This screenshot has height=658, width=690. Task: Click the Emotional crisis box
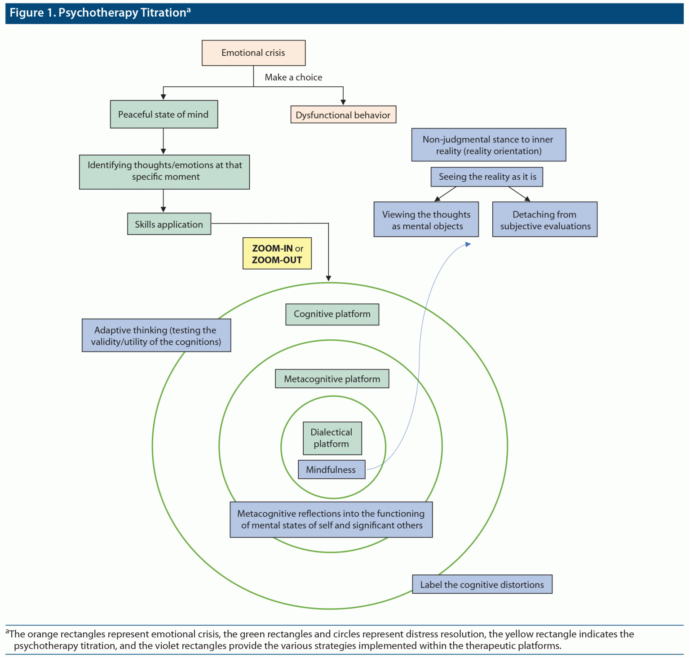click(253, 53)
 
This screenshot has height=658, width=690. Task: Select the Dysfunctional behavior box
click(343, 115)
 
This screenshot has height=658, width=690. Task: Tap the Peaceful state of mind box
click(164, 115)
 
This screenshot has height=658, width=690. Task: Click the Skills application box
click(169, 224)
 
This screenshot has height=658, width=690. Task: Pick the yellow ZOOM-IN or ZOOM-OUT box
click(277, 254)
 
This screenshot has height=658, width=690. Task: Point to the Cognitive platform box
click(332, 314)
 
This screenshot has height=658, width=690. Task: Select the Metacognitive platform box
click(332, 379)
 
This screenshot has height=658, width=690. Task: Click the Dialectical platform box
click(332, 438)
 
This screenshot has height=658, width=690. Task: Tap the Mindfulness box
click(332, 470)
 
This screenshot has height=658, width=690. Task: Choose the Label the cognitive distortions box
click(482, 585)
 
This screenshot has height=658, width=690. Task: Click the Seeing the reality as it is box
click(487, 177)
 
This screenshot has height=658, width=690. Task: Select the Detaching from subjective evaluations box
click(545, 220)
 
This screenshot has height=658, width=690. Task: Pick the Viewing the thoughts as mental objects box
click(426, 220)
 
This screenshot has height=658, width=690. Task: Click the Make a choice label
click(293, 77)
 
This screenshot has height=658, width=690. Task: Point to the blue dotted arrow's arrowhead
click(468, 244)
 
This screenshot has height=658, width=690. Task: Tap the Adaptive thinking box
click(156, 336)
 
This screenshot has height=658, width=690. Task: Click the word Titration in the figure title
click(163, 13)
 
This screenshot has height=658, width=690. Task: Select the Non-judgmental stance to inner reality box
click(488, 145)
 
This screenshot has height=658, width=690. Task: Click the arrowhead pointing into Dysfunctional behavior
click(343, 102)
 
